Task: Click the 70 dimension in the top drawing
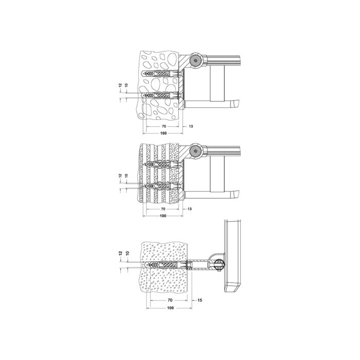[163, 125]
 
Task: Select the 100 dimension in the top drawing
[163, 133]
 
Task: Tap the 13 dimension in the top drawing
[190, 125]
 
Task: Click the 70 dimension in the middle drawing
[163, 209]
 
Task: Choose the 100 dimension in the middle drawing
[163, 217]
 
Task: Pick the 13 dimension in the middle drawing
[190, 209]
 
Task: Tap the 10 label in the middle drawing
[126, 177]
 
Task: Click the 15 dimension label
[200, 299]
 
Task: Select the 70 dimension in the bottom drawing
[170, 299]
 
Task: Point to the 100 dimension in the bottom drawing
[170, 308]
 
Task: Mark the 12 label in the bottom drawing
[119, 255]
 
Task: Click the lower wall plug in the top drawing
[159, 96]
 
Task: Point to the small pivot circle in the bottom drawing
[218, 265]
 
